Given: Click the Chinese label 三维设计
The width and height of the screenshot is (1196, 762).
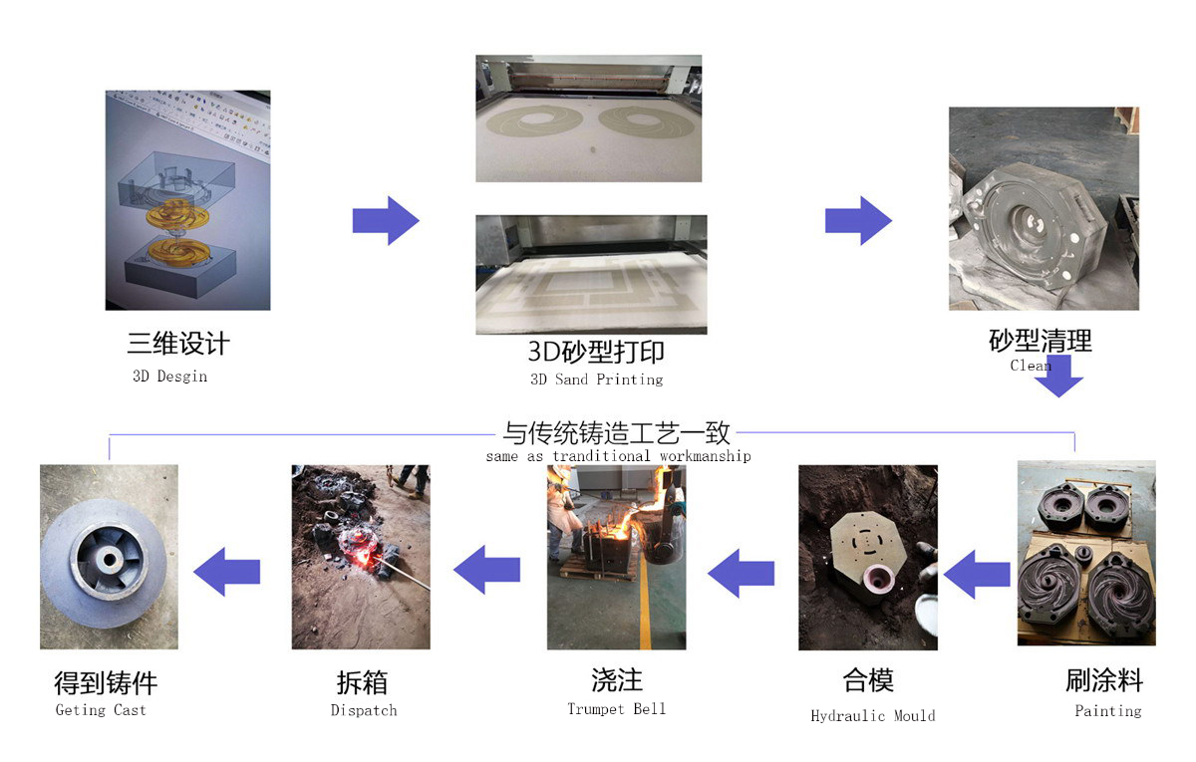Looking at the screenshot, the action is click(178, 343).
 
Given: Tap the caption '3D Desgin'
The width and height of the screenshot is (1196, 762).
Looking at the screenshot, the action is click(169, 377).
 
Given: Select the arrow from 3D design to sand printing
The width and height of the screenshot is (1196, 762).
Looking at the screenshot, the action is click(386, 220).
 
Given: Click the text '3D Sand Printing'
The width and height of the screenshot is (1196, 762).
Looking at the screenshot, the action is click(596, 380).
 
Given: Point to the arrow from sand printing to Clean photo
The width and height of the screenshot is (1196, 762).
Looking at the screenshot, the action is click(858, 220).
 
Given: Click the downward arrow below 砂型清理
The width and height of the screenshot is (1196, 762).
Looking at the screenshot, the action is click(1059, 377).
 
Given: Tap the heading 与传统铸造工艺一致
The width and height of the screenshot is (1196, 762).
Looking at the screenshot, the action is click(616, 433).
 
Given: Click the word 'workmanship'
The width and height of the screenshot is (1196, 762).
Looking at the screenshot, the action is click(706, 456).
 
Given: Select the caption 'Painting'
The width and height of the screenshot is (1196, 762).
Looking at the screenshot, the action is click(1108, 711).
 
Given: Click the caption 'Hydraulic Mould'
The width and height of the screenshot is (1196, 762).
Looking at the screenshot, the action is click(873, 715).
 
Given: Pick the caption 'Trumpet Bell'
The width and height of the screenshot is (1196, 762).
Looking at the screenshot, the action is click(616, 709).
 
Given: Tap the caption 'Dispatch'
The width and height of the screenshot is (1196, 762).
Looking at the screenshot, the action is click(364, 710).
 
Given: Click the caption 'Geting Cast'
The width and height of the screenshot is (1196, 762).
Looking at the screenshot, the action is click(101, 710).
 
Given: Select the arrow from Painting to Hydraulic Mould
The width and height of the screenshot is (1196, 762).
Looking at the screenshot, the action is click(977, 574).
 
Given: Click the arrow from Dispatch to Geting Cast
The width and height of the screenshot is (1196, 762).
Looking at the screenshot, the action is click(226, 572).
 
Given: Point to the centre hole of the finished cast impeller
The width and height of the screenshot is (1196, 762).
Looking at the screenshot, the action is click(110, 560).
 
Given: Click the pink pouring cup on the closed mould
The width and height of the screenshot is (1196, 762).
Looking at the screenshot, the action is click(877, 581).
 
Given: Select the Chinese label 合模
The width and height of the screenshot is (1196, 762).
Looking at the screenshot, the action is click(868, 680).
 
